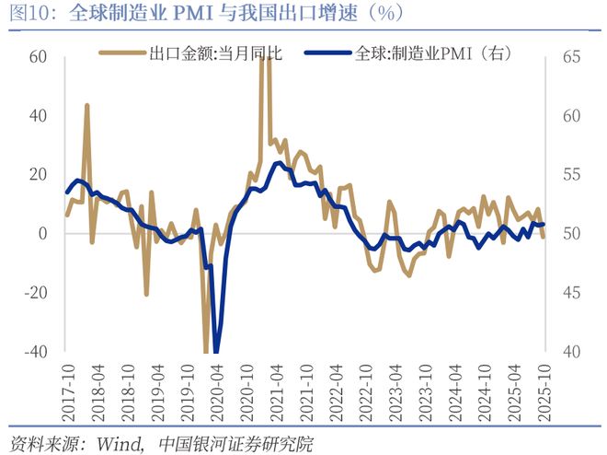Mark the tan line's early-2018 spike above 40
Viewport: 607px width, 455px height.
coord(87,105)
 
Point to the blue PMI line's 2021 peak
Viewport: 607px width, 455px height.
coord(278,164)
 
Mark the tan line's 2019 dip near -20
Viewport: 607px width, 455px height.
coord(146,294)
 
